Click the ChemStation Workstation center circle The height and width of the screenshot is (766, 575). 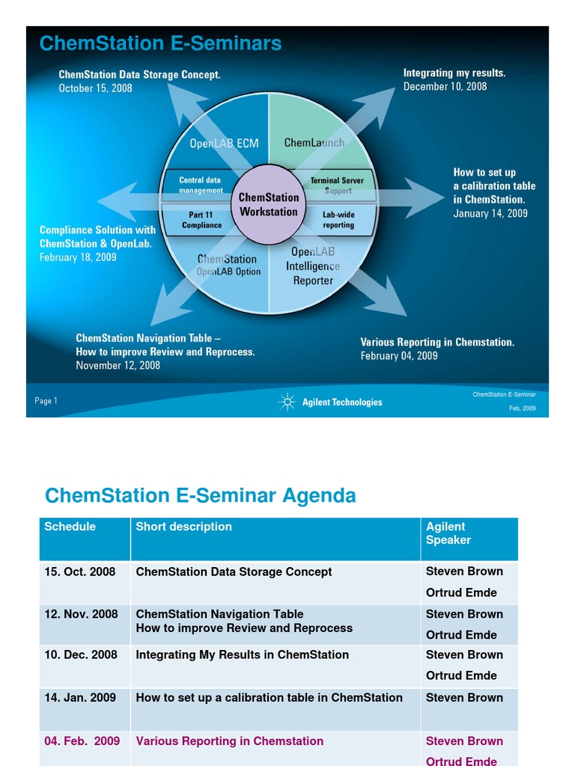(x=268, y=204)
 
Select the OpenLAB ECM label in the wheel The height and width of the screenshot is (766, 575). (x=224, y=144)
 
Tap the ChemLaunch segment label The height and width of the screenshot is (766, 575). (x=314, y=142)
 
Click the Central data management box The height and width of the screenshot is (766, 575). (x=201, y=185)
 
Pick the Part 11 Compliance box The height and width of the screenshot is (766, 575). (x=201, y=220)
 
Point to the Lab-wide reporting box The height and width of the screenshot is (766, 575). (x=338, y=220)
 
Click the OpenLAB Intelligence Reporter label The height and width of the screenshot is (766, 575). (x=313, y=266)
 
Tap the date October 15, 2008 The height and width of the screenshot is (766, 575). (x=96, y=88)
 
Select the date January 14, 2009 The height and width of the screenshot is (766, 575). (x=490, y=213)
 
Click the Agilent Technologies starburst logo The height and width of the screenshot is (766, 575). (x=287, y=402)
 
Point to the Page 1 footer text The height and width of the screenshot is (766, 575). (x=46, y=401)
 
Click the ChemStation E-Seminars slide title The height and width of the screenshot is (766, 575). (x=160, y=44)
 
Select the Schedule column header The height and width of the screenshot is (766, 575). (x=70, y=527)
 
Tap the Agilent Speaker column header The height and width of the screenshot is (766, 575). (x=448, y=533)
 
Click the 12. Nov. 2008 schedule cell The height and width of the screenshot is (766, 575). (x=81, y=614)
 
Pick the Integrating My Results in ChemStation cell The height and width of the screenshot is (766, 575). (x=242, y=655)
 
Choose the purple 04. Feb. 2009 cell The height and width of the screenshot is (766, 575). (x=82, y=741)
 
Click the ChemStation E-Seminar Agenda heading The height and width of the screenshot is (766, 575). (x=200, y=495)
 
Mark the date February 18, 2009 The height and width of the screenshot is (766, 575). (x=78, y=257)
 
